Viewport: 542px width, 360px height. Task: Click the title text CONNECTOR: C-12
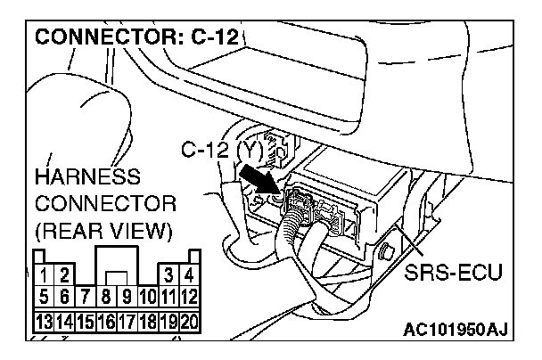click(139, 38)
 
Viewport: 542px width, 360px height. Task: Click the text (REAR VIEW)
click(103, 233)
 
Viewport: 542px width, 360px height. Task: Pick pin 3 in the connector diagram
click(167, 272)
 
